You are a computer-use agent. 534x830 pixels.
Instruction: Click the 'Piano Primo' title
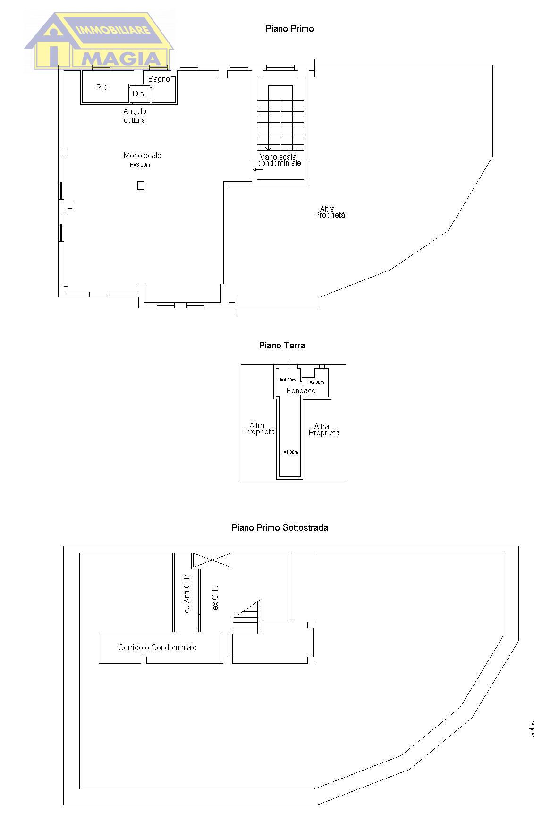289,29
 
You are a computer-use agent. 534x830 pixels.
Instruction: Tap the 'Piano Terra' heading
282,346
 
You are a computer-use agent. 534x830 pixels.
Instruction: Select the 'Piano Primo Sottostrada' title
280,527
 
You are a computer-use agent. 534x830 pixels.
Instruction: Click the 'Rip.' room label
102,87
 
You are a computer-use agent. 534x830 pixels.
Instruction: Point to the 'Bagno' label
159,79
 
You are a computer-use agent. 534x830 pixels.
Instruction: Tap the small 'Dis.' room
139,93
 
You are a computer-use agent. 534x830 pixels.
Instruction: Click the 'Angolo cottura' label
135,116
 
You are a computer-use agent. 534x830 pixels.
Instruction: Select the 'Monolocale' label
142,155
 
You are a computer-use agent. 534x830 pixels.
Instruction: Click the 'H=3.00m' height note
140,165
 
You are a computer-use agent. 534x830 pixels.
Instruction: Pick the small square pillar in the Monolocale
141,186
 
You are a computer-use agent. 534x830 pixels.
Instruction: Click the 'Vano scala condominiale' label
279,160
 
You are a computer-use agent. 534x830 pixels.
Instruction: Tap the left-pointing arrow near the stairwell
258,169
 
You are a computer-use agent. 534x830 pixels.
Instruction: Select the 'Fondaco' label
301,390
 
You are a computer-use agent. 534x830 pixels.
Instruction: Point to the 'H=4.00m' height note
287,380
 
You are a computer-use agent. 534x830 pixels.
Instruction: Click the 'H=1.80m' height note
289,452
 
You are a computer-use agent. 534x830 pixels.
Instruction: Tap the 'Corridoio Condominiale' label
157,648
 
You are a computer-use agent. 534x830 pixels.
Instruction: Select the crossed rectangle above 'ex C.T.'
212,560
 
